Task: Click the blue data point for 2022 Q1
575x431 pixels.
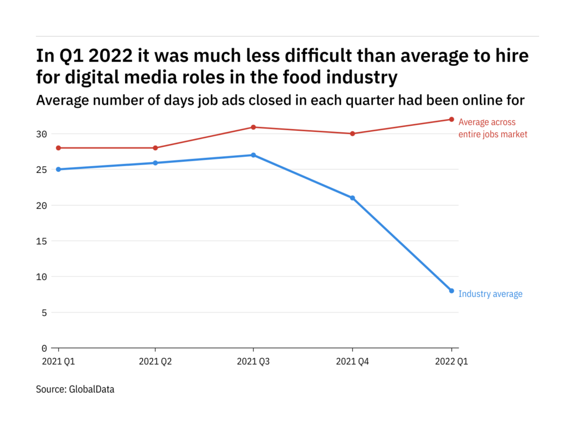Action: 451,291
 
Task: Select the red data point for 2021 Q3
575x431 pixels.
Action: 253,127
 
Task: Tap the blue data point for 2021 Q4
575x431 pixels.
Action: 352,198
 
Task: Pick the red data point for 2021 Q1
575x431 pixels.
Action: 58,148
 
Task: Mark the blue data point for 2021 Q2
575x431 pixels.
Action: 155,163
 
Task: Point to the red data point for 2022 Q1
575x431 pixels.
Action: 451,119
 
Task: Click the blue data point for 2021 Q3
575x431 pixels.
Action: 253,155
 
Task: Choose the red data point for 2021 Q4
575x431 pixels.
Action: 352,134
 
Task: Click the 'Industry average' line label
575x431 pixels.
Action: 490,294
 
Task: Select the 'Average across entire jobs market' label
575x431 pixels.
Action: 492,128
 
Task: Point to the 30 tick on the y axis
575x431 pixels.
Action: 43,134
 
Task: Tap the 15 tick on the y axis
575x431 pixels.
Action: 43,241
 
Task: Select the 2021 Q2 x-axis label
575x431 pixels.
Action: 155,362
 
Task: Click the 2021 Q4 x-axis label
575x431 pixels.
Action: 352,362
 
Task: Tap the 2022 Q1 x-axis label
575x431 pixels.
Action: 451,362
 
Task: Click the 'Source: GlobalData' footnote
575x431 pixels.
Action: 75,389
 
